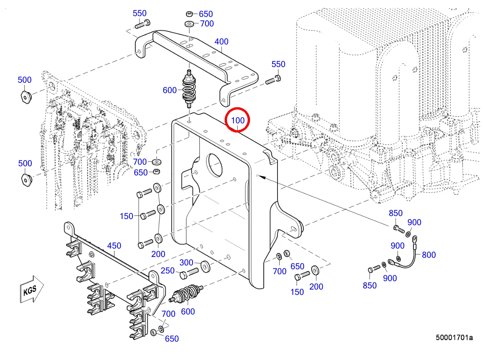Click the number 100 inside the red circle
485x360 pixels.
pyautogui.click(x=238, y=120)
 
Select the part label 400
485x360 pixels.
pyautogui.click(x=221, y=42)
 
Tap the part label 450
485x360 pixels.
pyautogui.click(x=114, y=245)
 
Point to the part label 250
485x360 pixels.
pyautogui.click(x=167, y=271)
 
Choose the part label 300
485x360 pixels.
pyautogui.click(x=186, y=263)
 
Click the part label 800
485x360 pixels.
pyautogui.click(x=428, y=255)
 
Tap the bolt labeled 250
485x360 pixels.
pyautogui.click(x=188, y=273)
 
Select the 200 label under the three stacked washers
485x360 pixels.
pyautogui.click(x=158, y=254)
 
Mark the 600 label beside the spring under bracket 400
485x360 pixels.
pyautogui.click(x=170, y=90)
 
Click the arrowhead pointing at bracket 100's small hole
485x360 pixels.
pyautogui.click(x=260, y=176)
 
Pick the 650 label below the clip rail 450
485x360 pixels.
pyautogui.click(x=171, y=339)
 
